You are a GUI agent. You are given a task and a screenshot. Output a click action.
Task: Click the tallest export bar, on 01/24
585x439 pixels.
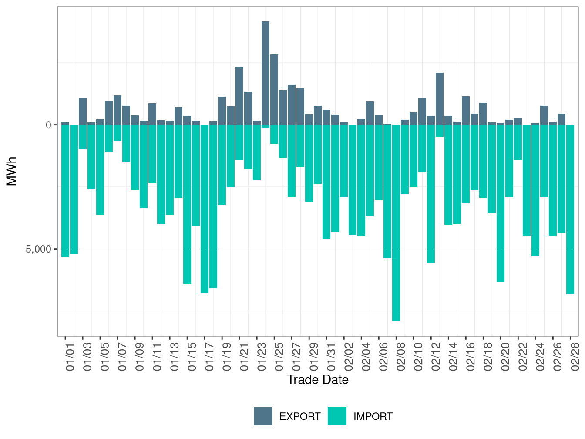tap(266, 73)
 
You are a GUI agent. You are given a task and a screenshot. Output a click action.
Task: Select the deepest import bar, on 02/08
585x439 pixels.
tap(396, 223)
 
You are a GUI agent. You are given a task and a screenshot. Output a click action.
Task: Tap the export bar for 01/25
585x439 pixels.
tap(274, 90)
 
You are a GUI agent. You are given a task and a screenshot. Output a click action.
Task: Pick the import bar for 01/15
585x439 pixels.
tap(187, 204)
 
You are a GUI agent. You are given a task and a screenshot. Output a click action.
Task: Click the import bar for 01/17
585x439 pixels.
tap(205, 209)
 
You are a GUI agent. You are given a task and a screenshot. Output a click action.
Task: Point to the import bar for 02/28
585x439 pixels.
tap(570, 209)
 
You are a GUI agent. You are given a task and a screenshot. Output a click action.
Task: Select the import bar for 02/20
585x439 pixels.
tap(501, 203)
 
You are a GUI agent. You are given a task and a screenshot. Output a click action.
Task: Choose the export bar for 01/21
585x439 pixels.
tap(239, 96)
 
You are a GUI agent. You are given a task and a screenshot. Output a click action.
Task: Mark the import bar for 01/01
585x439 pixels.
tap(65, 191)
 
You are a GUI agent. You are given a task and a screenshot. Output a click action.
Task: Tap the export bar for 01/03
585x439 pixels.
tap(83, 111)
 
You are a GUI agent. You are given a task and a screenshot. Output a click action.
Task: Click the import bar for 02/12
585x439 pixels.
tap(431, 194)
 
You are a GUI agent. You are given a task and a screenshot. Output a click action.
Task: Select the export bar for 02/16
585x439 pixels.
tap(466, 111)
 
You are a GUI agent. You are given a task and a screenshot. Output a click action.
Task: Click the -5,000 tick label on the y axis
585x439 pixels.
tap(37, 249)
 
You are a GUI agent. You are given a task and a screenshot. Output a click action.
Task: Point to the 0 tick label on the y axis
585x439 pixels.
tap(48, 125)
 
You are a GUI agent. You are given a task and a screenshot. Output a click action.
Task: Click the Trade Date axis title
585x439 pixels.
tap(318, 380)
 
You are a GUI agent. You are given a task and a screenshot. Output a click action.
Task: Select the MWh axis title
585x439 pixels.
tap(12, 171)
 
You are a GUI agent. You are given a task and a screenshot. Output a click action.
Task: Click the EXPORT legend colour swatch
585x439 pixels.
tap(263, 416)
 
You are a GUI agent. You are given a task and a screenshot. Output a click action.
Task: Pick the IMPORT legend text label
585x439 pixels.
tap(373, 417)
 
